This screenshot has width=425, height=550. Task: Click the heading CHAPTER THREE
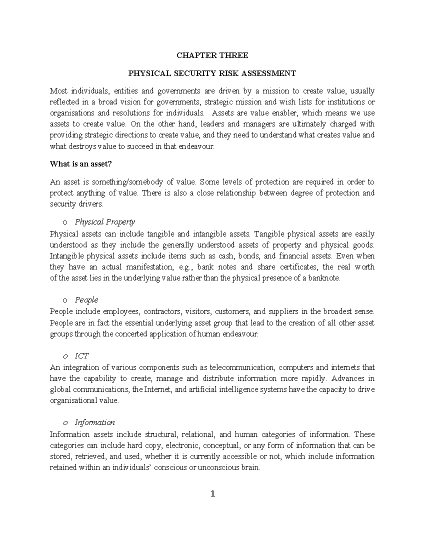pyautogui.click(x=212, y=56)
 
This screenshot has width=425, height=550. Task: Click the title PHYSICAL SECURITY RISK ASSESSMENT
pyautogui.click(x=212, y=74)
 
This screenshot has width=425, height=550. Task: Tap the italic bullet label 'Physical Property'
pyautogui.click(x=105, y=222)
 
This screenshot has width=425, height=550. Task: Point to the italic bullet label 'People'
pyautogui.click(x=86, y=300)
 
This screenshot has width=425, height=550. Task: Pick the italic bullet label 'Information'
pyautogui.click(x=95, y=422)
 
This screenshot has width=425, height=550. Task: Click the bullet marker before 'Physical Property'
pyautogui.click(x=64, y=222)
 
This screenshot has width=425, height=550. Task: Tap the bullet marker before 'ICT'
pyautogui.click(x=64, y=356)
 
